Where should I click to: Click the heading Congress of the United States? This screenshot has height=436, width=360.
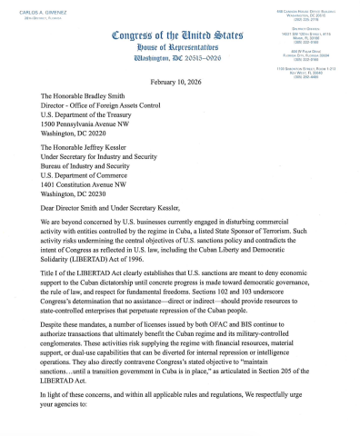coord(178,35)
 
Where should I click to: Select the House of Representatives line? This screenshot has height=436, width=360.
coord(178,46)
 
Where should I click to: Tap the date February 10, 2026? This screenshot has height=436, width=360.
coord(179,80)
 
